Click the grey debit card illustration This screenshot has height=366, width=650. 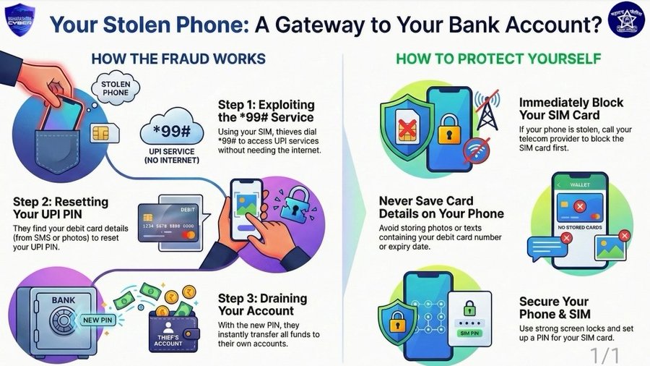click(x=168, y=224)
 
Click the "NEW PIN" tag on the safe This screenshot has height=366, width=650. click(x=96, y=319)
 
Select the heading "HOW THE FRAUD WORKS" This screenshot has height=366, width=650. click(x=178, y=58)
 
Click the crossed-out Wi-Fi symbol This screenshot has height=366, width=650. click(x=476, y=151)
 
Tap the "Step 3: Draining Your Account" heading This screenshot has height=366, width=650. click(x=262, y=305)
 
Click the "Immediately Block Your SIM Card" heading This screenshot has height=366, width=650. click(x=571, y=108)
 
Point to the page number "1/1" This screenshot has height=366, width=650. click(x=605, y=355)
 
